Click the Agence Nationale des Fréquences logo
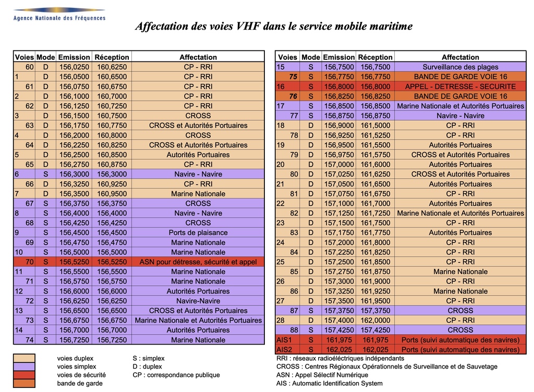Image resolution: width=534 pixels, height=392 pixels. [x=59, y=14]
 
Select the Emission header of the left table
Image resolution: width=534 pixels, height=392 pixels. [x=74, y=57]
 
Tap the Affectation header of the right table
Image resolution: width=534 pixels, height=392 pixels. [x=460, y=57]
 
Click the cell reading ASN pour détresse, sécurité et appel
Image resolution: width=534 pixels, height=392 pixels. [x=198, y=262]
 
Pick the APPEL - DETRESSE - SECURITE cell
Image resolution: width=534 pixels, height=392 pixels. [x=460, y=86]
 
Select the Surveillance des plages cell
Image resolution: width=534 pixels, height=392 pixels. [x=460, y=67]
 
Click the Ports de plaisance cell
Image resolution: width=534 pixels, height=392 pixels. [x=198, y=233]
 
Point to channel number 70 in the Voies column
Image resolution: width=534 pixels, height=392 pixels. [x=30, y=262]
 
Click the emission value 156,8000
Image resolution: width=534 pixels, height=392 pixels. [x=339, y=86]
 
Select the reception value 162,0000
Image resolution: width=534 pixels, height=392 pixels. [x=375, y=320]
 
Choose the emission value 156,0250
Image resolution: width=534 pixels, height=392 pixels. [x=74, y=67]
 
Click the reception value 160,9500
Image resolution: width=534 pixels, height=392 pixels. [x=112, y=194]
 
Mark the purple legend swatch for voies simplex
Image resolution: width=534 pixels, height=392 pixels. [x=24, y=366]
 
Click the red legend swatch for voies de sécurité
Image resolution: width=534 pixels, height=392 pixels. [x=24, y=375]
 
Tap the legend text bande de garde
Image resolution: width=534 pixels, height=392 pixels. [x=80, y=383]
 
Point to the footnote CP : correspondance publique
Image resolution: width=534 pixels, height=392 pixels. [x=176, y=375]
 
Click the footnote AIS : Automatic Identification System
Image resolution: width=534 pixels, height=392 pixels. [x=330, y=383]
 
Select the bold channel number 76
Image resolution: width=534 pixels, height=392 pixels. [x=293, y=96]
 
